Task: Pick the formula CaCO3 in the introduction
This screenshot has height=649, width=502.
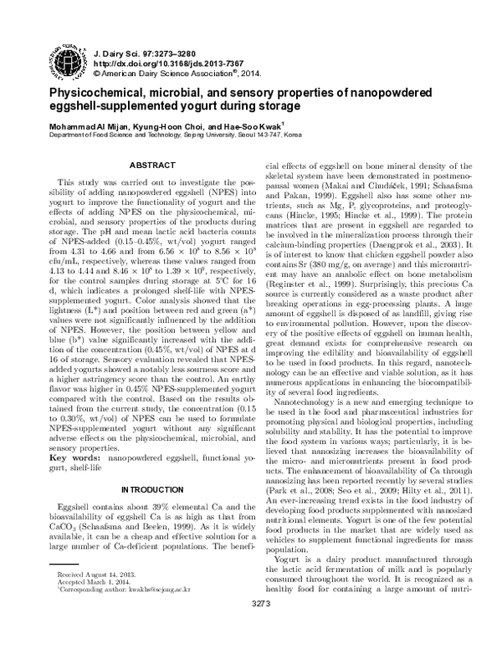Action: [x=63, y=529]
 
